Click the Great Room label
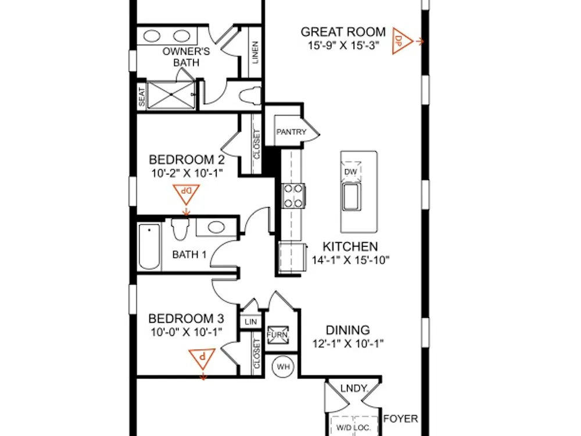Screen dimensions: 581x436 click(343, 32)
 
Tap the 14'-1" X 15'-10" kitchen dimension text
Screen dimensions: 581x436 click(350, 260)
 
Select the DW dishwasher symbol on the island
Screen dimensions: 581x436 click(350, 171)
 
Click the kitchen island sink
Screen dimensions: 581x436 click(351, 196)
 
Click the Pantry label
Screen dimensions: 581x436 click(291, 132)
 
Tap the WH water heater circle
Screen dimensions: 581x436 click(284, 367)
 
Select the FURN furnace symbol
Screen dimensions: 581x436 click(278, 335)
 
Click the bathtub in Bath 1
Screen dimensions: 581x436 click(149, 246)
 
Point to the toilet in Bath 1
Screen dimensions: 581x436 click(180, 229)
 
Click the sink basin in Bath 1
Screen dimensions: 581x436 click(216, 227)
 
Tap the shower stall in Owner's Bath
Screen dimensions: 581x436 click(171, 95)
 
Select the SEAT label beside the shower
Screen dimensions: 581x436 click(142, 97)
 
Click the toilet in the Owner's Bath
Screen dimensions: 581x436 click(250, 96)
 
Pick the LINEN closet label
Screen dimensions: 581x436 click(255, 53)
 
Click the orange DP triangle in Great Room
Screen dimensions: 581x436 click(402, 41)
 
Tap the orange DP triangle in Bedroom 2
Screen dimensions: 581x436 click(186, 194)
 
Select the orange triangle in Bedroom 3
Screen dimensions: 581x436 click(202, 358)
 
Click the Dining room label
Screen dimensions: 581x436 click(347, 330)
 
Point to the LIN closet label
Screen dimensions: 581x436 click(251, 322)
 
